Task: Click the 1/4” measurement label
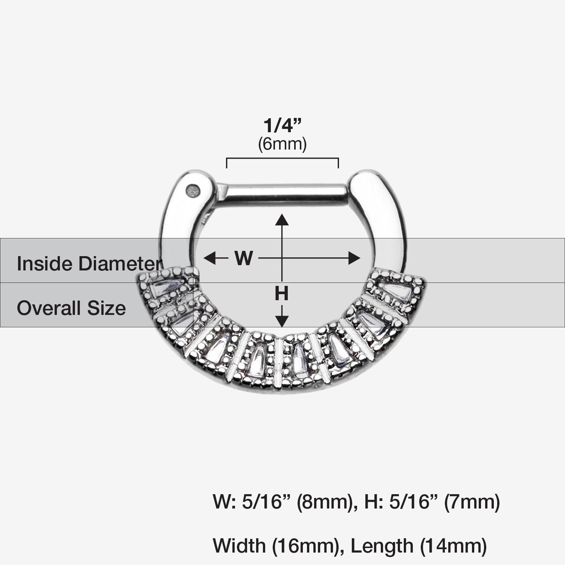(x=282, y=126)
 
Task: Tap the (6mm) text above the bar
(x=282, y=144)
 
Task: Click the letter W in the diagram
(x=243, y=258)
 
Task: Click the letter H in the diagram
(x=281, y=293)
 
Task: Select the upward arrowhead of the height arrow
(x=282, y=219)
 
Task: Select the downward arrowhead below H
(x=282, y=321)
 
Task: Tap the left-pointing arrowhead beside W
(x=209, y=258)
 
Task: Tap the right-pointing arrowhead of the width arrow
(x=354, y=258)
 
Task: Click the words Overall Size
(x=71, y=308)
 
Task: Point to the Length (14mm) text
(x=418, y=545)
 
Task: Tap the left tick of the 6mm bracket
(x=226, y=163)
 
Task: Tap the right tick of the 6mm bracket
(x=338, y=163)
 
